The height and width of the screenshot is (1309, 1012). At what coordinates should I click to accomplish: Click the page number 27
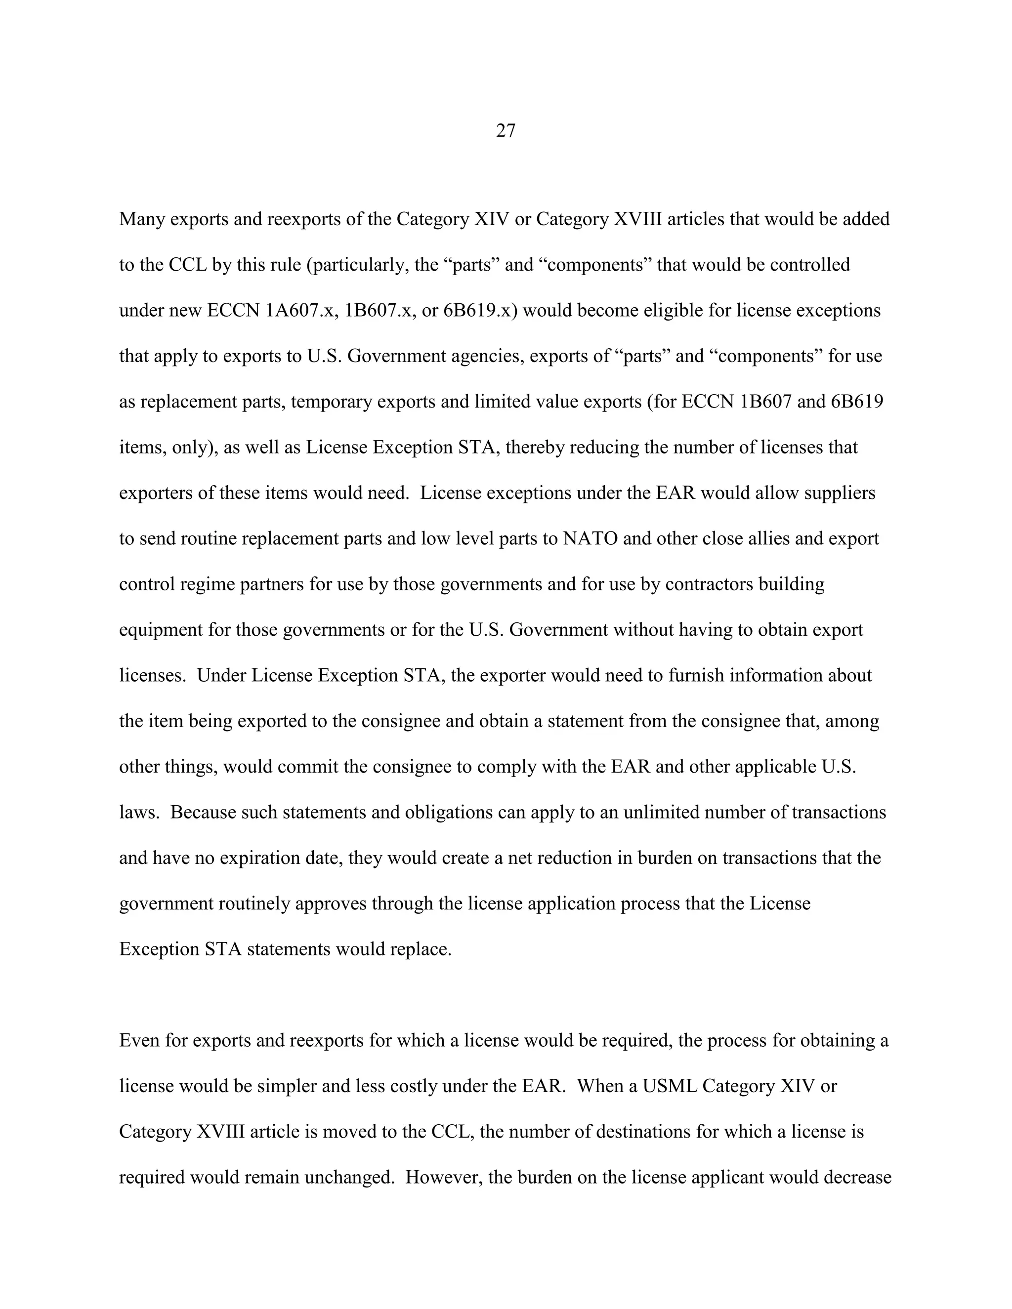coord(506,131)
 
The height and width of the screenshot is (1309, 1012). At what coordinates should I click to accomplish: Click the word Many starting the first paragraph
coord(142,219)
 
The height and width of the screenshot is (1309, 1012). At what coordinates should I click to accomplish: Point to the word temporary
coord(332,402)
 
